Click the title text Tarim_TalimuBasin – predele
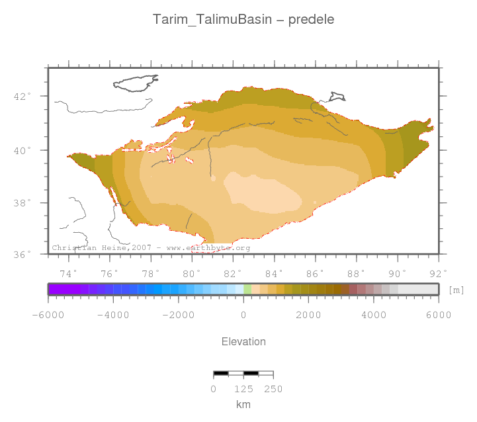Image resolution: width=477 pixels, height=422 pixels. click(243, 19)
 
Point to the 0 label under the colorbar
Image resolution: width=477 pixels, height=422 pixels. click(243, 315)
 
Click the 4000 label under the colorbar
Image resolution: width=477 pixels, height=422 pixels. click(373, 315)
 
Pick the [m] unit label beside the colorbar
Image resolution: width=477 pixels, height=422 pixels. click(456, 290)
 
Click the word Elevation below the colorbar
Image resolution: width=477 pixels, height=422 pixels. click(243, 342)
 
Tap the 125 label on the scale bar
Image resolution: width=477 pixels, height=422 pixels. click(243, 389)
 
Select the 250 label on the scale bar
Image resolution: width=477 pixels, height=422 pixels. click(273, 389)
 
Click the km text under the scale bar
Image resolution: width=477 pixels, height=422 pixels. click(243, 404)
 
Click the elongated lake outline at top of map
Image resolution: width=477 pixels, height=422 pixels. click(137, 83)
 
